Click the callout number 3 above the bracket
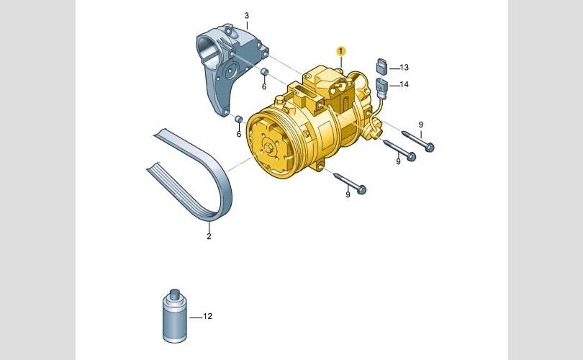(246, 16)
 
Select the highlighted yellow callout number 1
(341, 51)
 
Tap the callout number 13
(405, 67)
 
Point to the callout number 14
(405, 84)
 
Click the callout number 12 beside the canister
(207, 316)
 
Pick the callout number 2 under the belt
(209, 236)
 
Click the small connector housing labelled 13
(382, 66)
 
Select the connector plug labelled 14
(382, 86)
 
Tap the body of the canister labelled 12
(175, 320)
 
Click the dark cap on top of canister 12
(175, 292)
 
